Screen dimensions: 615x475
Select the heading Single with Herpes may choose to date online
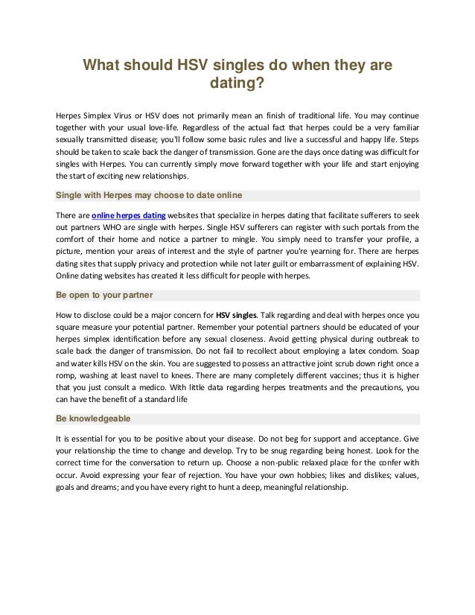[149, 196]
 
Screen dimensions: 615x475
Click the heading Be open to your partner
[105, 294]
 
